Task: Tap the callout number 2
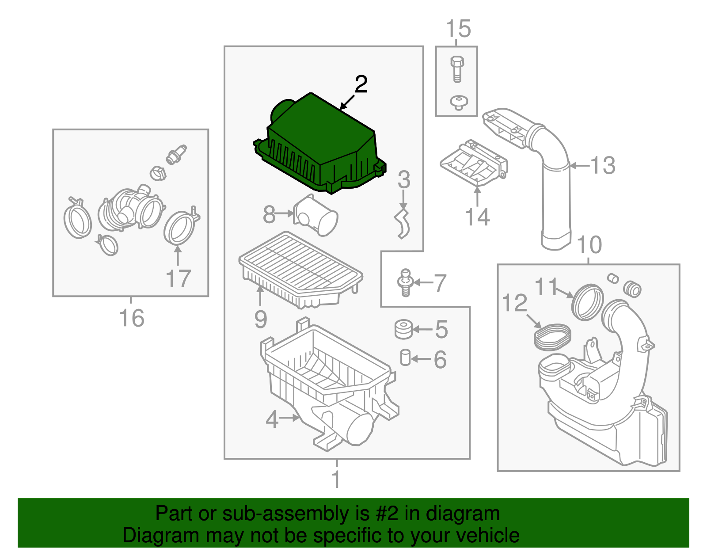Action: click(361, 84)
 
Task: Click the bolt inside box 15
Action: click(457, 69)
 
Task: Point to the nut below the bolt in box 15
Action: click(458, 102)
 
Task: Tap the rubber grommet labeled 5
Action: click(403, 329)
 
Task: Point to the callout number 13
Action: click(603, 165)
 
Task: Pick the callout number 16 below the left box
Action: click(132, 318)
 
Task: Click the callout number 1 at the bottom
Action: click(336, 479)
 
